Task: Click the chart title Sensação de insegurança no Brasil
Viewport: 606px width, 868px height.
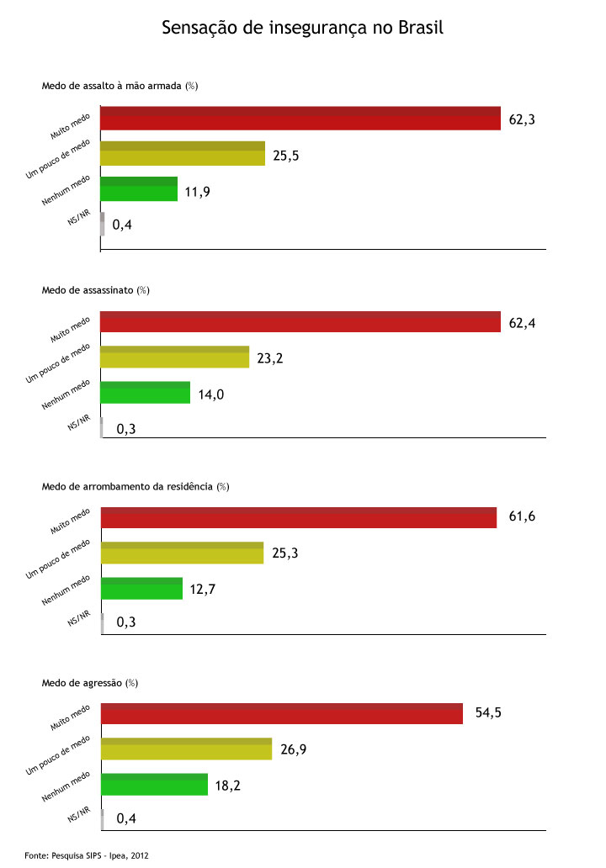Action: (x=302, y=29)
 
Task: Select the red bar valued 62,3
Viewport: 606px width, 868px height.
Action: (x=300, y=119)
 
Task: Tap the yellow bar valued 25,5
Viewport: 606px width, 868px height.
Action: (x=183, y=153)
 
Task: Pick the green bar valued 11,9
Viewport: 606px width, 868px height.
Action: (x=139, y=188)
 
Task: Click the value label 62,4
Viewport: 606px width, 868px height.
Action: (x=522, y=323)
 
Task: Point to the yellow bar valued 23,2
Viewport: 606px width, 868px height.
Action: (x=175, y=357)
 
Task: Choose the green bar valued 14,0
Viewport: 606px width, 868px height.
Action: (x=146, y=393)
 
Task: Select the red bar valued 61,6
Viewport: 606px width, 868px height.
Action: (x=299, y=517)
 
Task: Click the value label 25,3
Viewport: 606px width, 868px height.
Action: (x=284, y=553)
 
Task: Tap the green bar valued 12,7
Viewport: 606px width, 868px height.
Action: (x=141, y=588)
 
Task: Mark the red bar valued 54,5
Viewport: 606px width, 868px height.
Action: (x=282, y=713)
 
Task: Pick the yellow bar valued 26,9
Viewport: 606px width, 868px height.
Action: (x=186, y=749)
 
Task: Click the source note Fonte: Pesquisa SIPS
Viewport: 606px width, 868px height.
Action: (x=87, y=855)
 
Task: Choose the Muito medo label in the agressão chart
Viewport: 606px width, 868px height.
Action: (x=70, y=720)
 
